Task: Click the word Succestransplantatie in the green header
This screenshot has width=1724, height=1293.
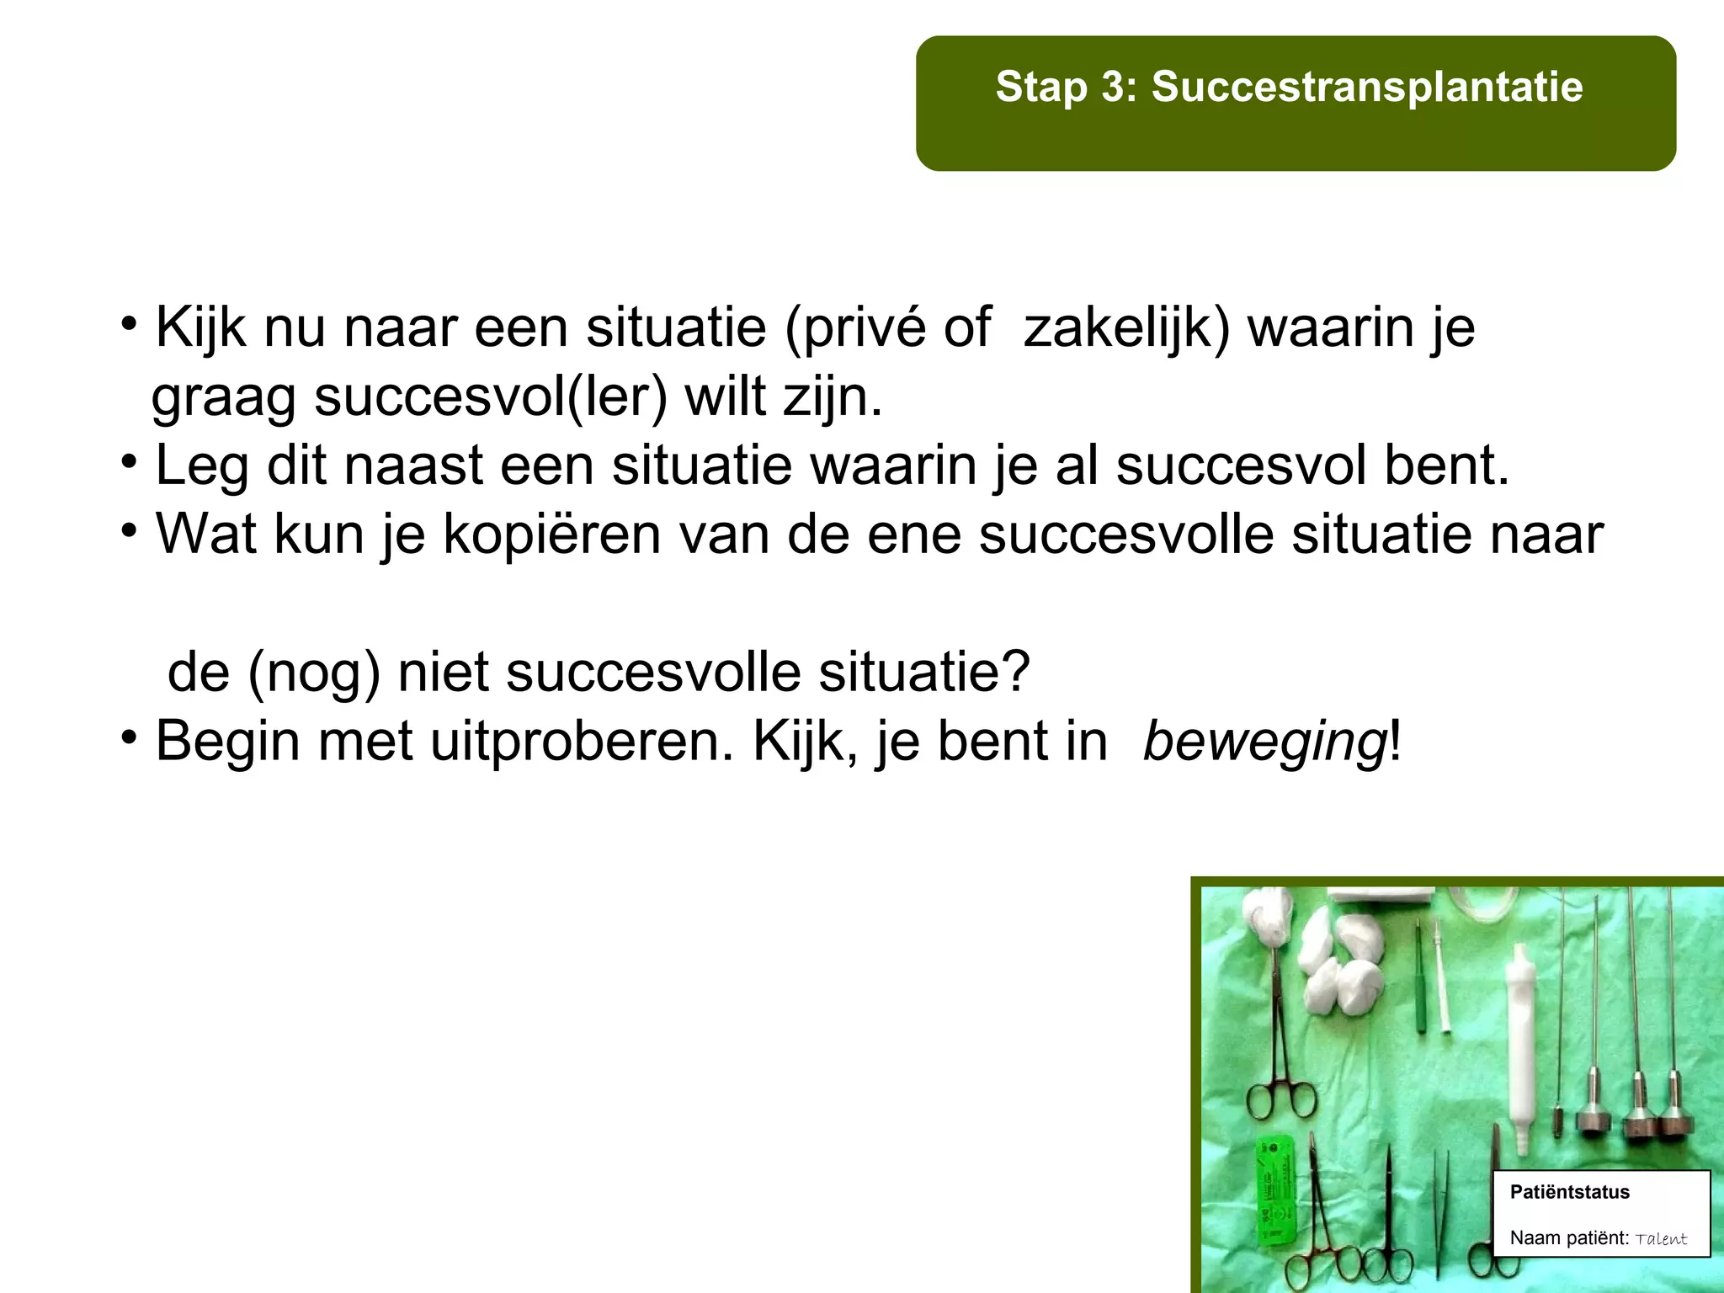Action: click(x=1367, y=87)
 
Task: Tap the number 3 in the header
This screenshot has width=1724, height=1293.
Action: click(x=1110, y=87)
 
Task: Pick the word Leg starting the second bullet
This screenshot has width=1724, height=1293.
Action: click(x=202, y=466)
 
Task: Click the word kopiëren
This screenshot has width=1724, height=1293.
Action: click(x=552, y=535)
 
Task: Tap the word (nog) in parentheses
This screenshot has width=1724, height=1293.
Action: click(x=314, y=673)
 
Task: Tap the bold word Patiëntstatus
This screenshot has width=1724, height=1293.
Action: click(x=1569, y=1192)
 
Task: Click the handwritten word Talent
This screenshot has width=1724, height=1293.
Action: click(x=1661, y=1239)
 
